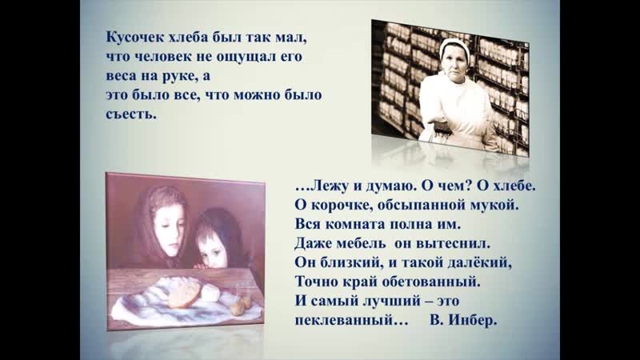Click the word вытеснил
pos(451,243)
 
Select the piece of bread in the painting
pos(185,294)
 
